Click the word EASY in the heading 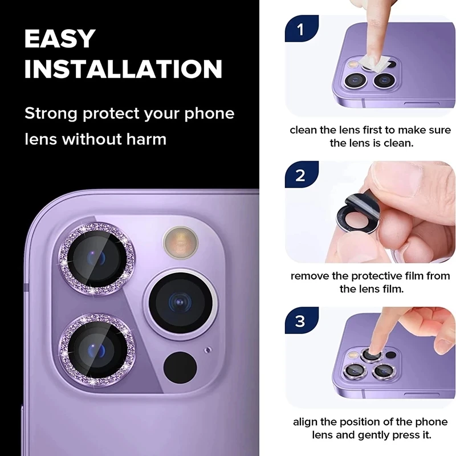[60, 39]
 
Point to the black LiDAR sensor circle [180, 367]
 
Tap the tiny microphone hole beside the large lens [207, 349]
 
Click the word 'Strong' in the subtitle [50, 113]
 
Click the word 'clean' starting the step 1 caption [303, 129]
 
